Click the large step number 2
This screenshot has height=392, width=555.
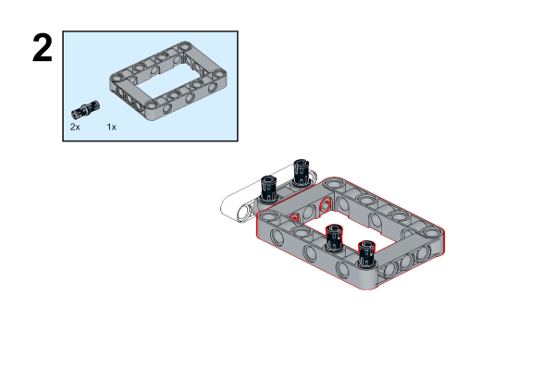[43, 48]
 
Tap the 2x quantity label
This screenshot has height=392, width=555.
[75, 127]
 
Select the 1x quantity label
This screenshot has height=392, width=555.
[112, 127]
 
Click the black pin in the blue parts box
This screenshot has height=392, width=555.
[85, 109]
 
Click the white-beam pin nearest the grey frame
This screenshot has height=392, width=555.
[300, 173]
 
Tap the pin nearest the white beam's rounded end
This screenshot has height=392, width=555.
[268, 190]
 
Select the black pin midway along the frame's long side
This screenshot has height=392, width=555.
[334, 238]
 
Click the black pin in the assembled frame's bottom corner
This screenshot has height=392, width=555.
[366, 254]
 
